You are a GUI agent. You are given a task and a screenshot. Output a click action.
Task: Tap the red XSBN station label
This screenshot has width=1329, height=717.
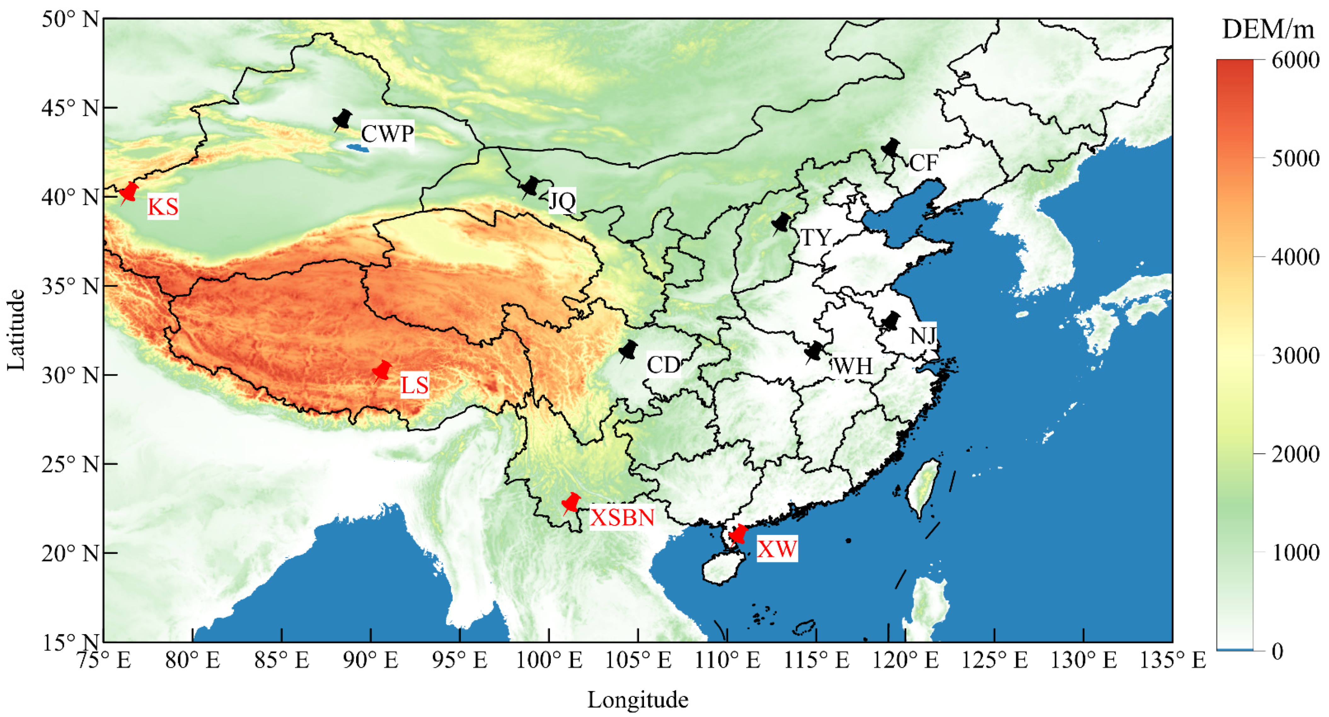622,517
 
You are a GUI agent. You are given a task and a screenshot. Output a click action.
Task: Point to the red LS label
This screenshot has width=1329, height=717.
414,385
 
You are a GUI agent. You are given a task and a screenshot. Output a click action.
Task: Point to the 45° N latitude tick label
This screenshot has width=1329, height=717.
70,108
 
